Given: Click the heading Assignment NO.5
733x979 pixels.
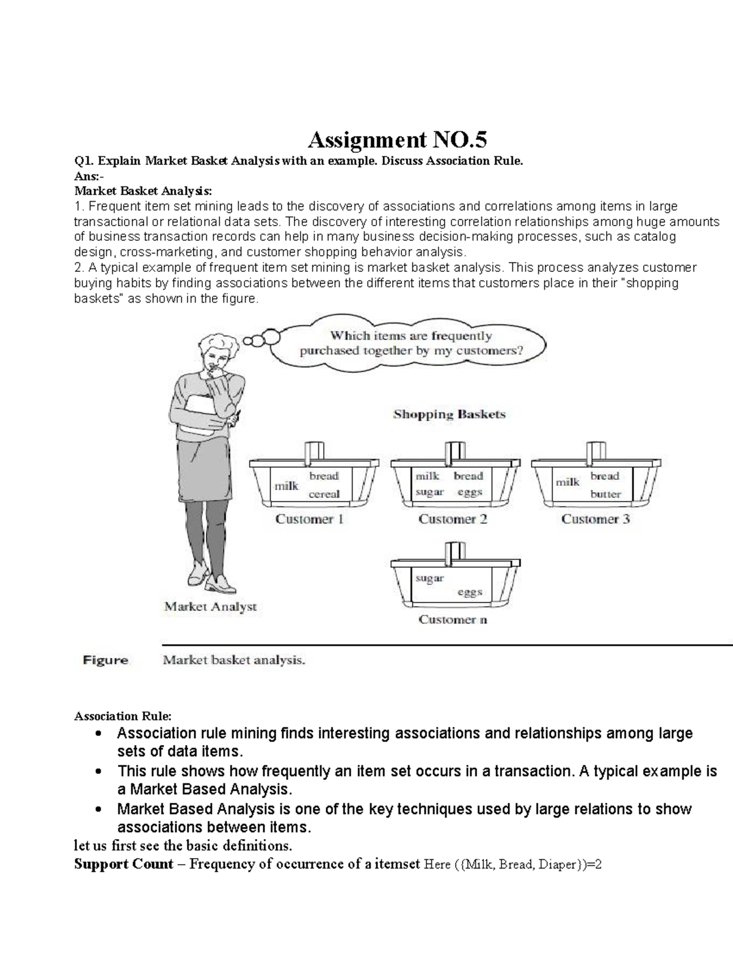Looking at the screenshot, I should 397,141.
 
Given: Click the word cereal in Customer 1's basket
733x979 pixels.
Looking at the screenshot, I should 324,494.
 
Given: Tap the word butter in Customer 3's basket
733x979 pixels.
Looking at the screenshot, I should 605,494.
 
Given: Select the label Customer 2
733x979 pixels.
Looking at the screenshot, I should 453,519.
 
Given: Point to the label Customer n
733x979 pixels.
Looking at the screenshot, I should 453,620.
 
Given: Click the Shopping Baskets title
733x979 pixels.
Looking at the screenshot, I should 450,414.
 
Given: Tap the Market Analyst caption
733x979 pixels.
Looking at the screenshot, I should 210,607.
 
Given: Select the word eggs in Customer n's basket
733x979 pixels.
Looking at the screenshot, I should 470,592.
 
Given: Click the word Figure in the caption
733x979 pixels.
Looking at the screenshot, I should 106,660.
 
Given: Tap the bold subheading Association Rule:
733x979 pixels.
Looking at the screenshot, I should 123,716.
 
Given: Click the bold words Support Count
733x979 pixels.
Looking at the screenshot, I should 123,864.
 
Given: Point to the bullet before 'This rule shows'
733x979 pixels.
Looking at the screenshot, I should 98,772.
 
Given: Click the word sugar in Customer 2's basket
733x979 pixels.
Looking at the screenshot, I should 429,492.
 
